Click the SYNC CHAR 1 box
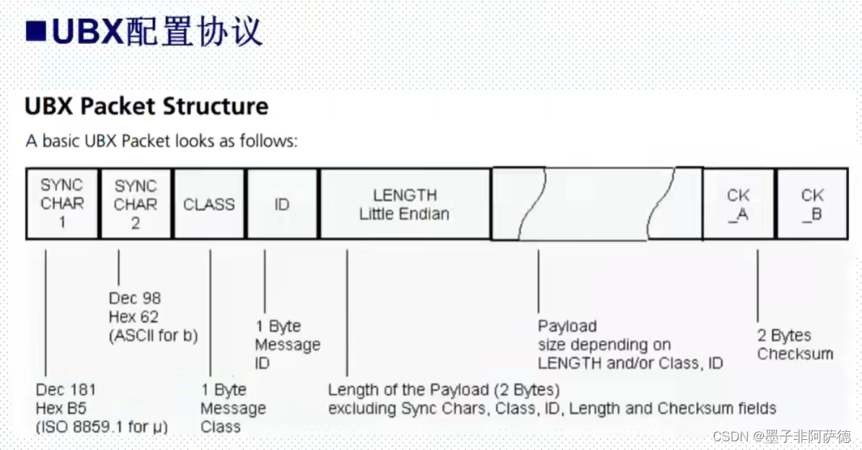coord(62,204)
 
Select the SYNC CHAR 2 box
coord(136,204)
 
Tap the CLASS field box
coord(209,204)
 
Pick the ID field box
coord(282,204)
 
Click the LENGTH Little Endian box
coord(405,204)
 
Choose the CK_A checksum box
coord(739,204)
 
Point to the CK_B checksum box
coord(812,204)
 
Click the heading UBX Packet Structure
coord(146,106)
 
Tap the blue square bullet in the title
coord(37,31)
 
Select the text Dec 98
coord(135,298)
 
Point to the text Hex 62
coord(133,316)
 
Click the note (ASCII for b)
coord(153,335)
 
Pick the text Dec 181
coord(66,390)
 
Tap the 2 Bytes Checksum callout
coord(794,345)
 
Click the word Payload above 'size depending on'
coord(567,326)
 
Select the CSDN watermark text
coord(782,436)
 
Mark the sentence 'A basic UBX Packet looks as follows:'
coord(162,140)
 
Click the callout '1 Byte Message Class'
coord(233,408)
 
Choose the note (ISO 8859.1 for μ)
coord(102,427)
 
